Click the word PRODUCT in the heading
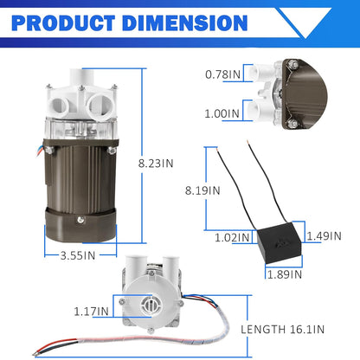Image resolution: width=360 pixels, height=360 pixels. [x=63, y=23]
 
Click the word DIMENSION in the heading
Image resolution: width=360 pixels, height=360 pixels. [x=185, y=23]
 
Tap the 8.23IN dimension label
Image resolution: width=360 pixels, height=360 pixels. [x=156, y=164]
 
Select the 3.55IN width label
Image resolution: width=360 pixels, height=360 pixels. [x=78, y=255]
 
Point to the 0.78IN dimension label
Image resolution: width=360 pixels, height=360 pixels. [x=222, y=74]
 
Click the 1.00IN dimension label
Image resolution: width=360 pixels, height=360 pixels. [x=222, y=113]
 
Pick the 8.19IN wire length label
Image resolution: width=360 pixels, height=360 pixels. [x=202, y=190]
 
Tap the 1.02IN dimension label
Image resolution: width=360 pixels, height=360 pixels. [x=232, y=238]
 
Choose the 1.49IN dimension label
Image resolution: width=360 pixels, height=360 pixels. [x=324, y=236]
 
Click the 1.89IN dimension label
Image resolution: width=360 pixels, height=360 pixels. [x=285, y=274]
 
